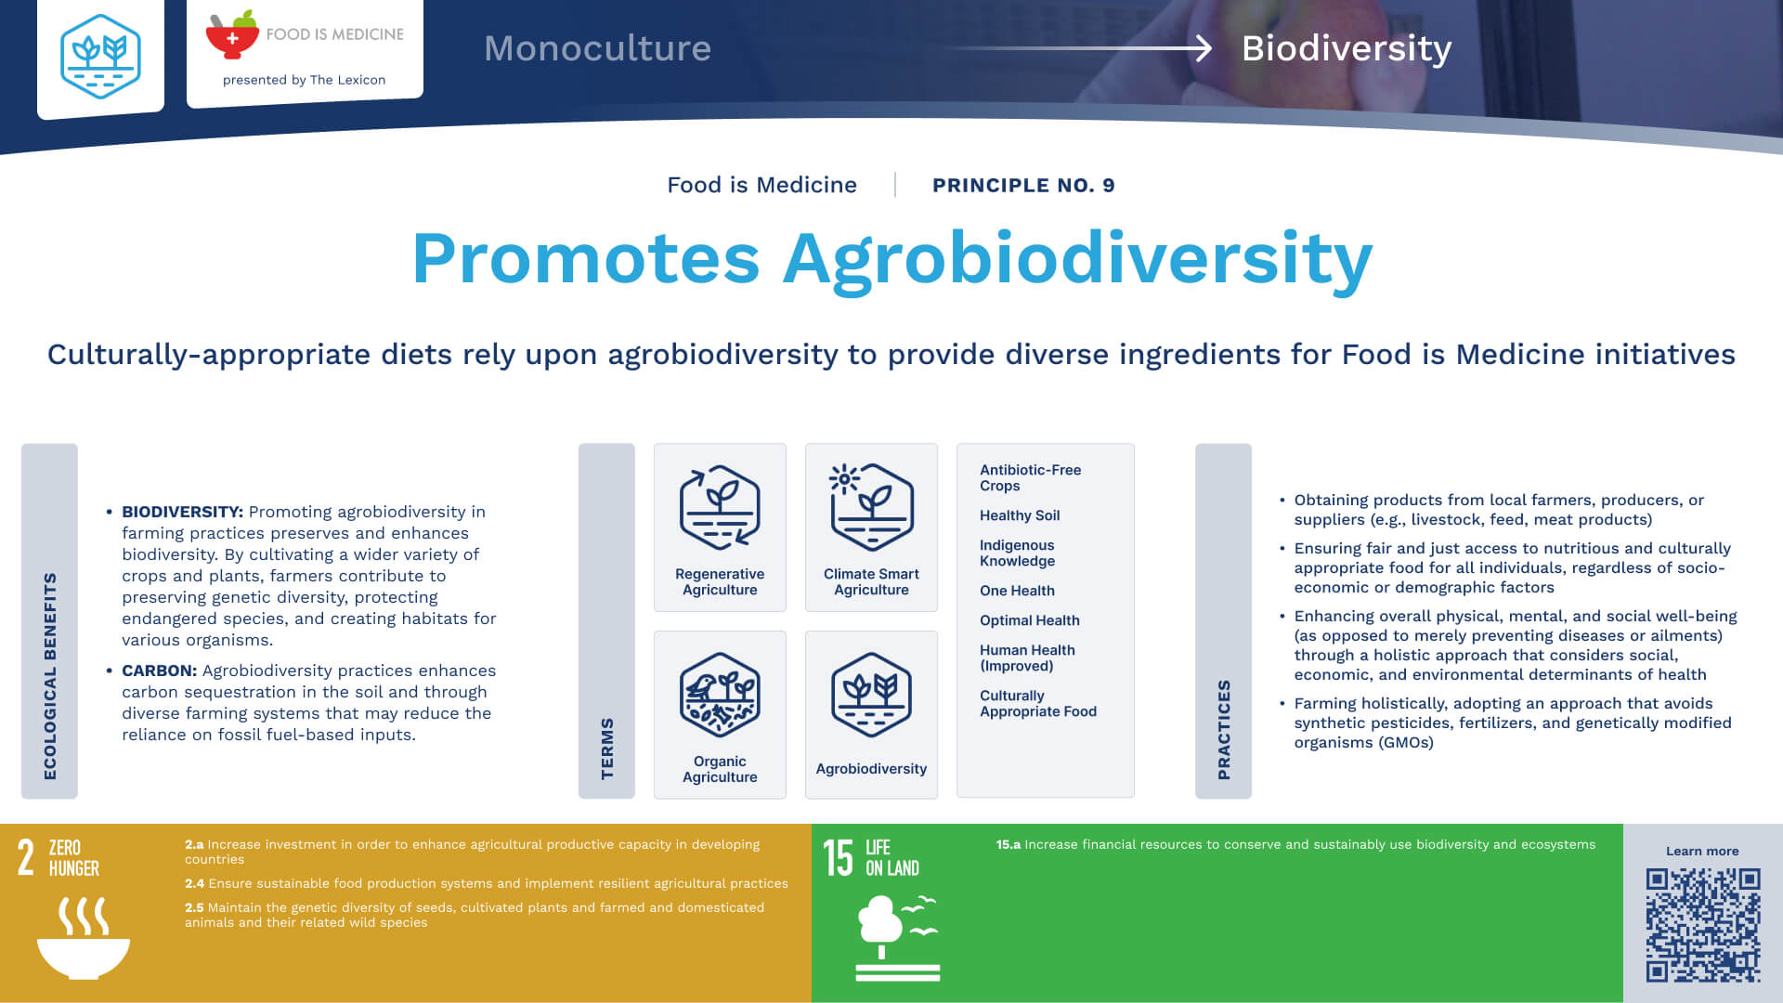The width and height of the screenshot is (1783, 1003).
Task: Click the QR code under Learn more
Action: pyautogui.click(x=1702, y=925)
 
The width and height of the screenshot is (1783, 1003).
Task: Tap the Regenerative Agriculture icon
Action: pyautogui.click(x=720, y=507)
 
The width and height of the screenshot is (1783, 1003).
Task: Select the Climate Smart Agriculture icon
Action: pyautogui.click(x=871, y=507)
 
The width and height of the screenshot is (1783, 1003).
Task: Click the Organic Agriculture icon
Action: pyautogui.click(x=720, y=695)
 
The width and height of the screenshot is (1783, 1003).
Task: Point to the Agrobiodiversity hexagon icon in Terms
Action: pyautogui.click(x=871, y=695)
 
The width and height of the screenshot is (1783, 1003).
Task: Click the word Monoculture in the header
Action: pyautogui.click(x=597, y=48)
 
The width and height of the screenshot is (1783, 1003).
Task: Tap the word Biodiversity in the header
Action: pyautogui.click(x=1347, y=48)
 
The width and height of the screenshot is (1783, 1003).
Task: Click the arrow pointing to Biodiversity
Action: pyautogui.click(x=1077, y=48)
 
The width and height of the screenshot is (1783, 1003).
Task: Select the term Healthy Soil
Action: pyautogui.click(x=1020, y=515)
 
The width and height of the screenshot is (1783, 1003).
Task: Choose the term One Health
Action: pyautogui.click(x=1017, y=591)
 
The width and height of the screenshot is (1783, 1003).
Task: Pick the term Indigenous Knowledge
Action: pyautogui.click(x=1017, y=553)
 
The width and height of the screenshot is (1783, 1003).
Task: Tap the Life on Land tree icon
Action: pyautogui.click(x=897, y=938)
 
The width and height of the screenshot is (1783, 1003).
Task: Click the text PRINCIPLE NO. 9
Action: pyautogui.click(x=1023, y=185)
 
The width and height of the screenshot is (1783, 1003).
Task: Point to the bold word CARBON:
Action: pyautogui.click(x=159, y=671)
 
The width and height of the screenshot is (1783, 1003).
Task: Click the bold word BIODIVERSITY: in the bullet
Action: pyautogui.click(x=182, y=512)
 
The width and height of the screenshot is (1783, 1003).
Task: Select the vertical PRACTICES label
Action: pyautogui.click(x=1224, y=729)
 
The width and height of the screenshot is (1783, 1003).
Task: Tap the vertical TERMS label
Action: pyautogui.click(x=607, y=749)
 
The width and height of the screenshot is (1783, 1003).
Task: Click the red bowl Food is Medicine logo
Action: pyautogui.click(x=232, y=34)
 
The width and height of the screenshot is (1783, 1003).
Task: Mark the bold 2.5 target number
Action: pyautogui.click(x=194, y=907)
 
